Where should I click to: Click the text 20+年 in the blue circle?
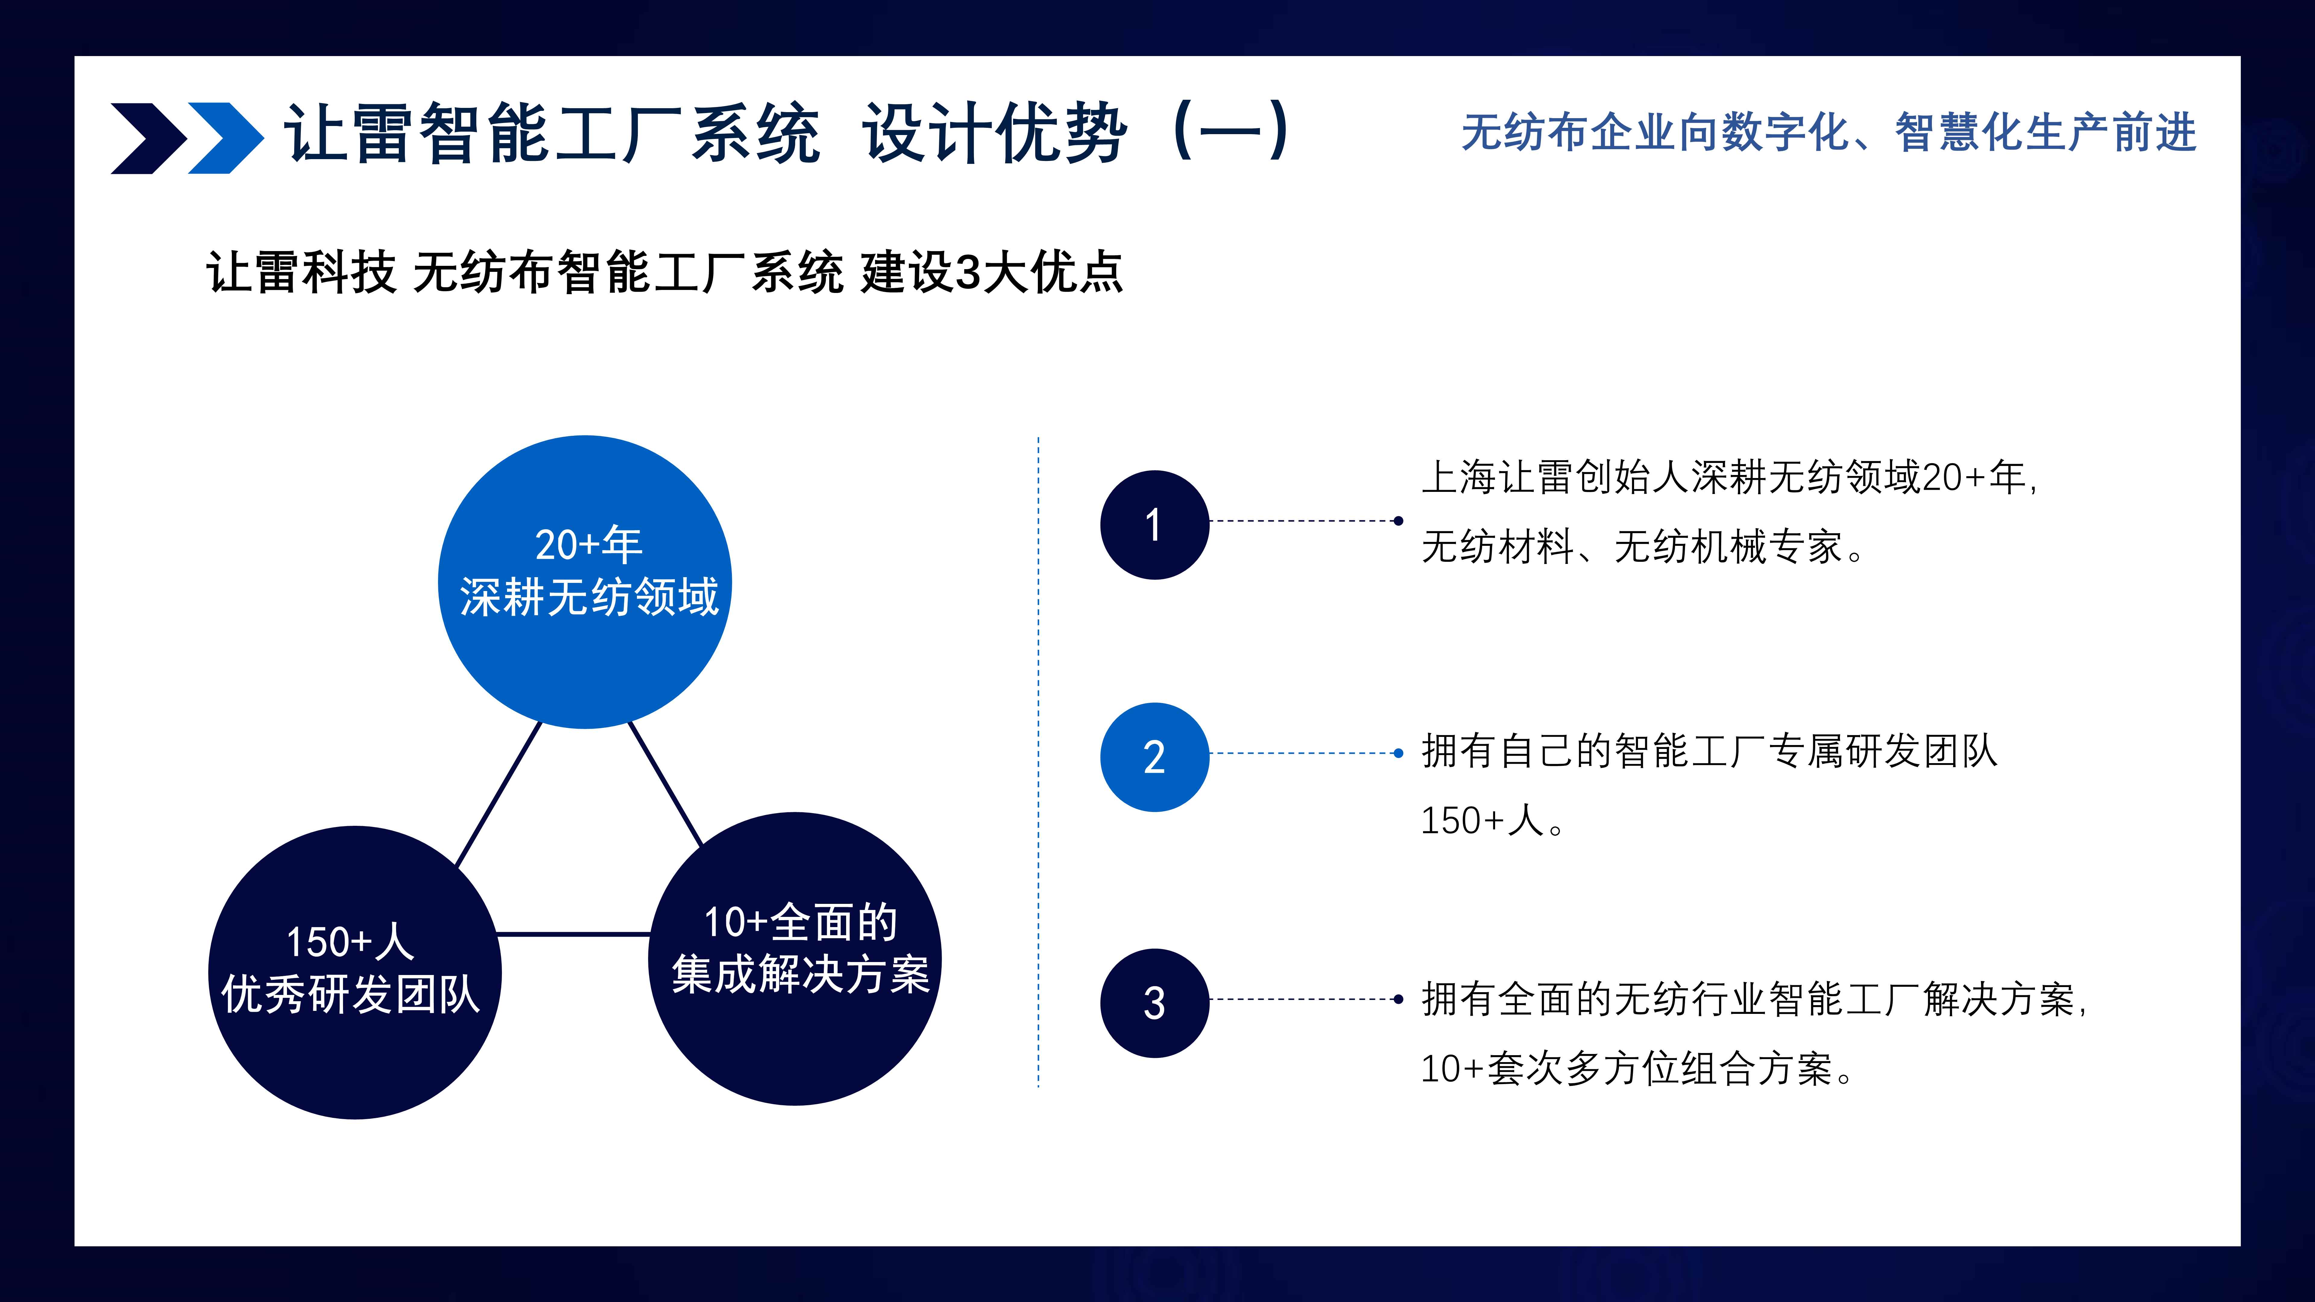tap(589, 545)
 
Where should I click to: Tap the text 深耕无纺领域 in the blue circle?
tap(589, 597)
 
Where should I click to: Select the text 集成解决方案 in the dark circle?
tap(800, 974)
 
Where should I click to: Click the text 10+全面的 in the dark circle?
tap(800, 922)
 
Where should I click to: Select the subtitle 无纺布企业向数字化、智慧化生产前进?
tap(1829, 133)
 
